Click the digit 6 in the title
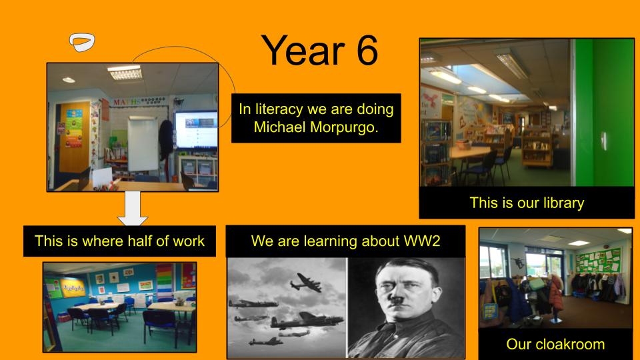tap(367, 51)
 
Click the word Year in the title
tap(303, 51)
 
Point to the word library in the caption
tap(563, 203)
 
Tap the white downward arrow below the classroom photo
tap(132, 209)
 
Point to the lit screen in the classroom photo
tap(196, 129)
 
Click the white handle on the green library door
tap(604, 141)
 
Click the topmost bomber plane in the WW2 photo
tap(306, 282)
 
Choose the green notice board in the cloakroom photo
tap(599, 260)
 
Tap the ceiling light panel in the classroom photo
tap(125, 73)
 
